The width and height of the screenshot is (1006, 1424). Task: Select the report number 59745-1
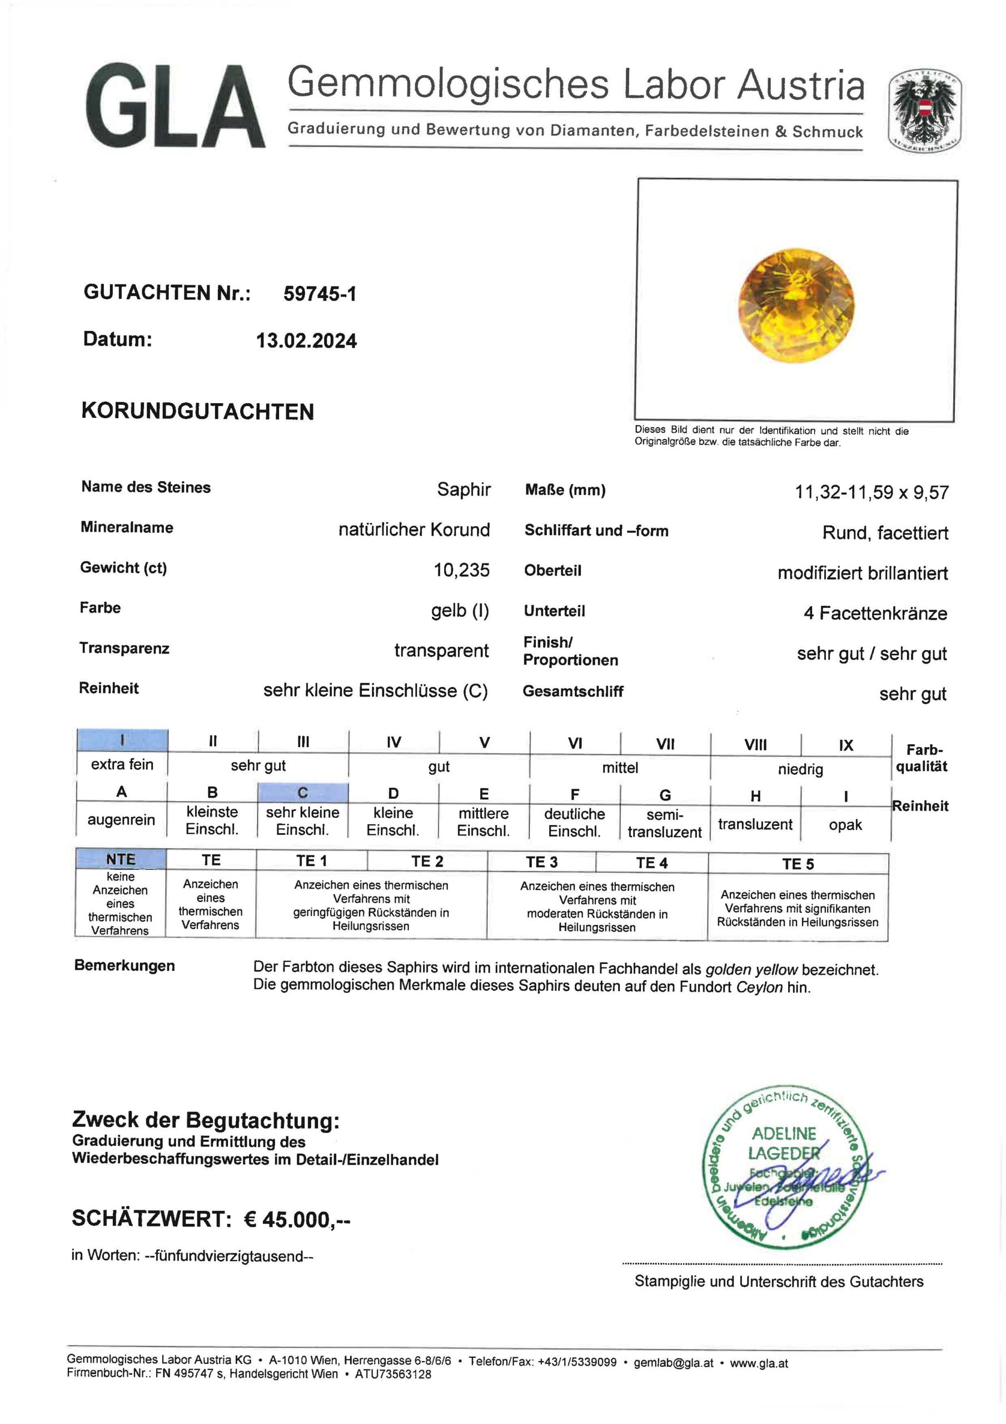[320, 293]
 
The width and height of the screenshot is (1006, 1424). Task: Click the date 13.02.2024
[306, 340]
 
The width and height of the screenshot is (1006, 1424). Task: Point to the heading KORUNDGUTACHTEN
[198, 412]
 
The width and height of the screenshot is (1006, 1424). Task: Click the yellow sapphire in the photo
[796, 306]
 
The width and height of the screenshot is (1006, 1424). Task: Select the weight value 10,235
[462, 570]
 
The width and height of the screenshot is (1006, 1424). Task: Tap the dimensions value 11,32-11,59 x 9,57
[871, 492]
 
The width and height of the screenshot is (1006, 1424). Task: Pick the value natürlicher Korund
[414, 530]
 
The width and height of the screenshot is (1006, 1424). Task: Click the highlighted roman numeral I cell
[122, 740]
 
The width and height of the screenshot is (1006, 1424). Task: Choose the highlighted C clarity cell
[302, 793]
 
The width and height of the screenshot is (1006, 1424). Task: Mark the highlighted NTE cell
[120, 859]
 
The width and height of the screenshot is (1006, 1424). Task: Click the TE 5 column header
[798, 864]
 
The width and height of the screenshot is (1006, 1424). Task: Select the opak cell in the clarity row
[845, 825]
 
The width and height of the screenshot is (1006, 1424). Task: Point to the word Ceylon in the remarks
[759, 987]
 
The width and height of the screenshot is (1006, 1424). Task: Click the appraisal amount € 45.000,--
[296, 1219]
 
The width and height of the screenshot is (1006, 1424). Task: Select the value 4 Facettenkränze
[875, 614]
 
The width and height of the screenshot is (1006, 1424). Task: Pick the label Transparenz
[124, 648]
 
